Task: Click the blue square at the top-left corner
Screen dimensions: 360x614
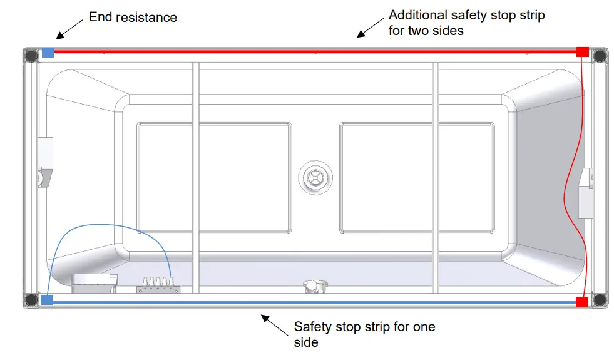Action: click(x=48, y=53)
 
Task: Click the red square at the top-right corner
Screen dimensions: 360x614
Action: click(x=582, y=52)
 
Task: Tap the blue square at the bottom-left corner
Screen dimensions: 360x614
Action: click(x=47, y=300)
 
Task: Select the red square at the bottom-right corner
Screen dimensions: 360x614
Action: click(x=582, y=302)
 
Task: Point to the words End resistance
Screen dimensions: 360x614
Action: click(x=133, y=17)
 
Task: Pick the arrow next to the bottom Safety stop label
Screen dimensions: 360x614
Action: click(x=274, y=324)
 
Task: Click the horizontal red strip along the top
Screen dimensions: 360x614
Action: click(x=313, y=52)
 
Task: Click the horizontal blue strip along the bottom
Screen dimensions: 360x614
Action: click(x=313, y=302)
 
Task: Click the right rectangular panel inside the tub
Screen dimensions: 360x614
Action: click(x=416, y=177)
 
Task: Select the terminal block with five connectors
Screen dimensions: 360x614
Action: click(x=158, y=285)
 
